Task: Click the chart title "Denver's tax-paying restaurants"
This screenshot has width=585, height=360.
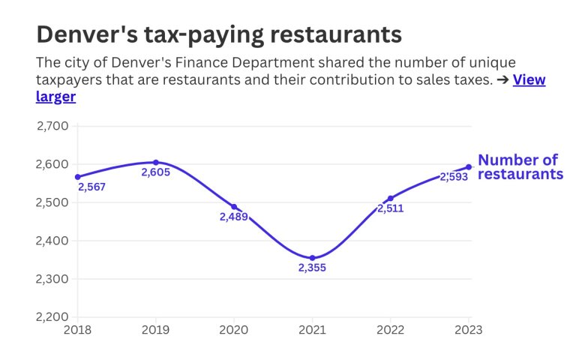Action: point(219,34)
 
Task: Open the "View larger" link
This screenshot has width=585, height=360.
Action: point(529,80)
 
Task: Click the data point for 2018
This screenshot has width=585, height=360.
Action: point(77,177)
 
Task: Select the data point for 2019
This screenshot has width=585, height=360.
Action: point(156,162)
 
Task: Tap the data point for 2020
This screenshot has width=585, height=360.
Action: point(234,207)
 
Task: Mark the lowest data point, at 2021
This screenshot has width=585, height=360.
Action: point(312,258)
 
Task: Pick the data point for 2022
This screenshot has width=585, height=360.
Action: point(391,198)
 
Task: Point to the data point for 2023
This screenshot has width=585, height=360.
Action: point(469,166)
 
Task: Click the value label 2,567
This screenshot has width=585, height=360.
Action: point(91,187)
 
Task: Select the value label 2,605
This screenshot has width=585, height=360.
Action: point(156,172)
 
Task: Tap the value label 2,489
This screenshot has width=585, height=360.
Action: point(233,217)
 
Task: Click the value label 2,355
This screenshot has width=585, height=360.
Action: point(312,268)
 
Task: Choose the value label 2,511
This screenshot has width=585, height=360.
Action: point(391,208)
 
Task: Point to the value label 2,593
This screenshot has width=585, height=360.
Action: point(454,177)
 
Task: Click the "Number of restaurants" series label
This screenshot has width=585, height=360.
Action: point(520,166)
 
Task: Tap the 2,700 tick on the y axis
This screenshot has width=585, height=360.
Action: point(52,126)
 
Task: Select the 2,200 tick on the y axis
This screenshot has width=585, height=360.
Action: point(52,317)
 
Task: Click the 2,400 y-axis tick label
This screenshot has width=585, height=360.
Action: point(52,241)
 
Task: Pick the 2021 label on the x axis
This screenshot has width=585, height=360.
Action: point(312,329)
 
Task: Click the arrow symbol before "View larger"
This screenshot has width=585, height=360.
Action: point(502,80)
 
